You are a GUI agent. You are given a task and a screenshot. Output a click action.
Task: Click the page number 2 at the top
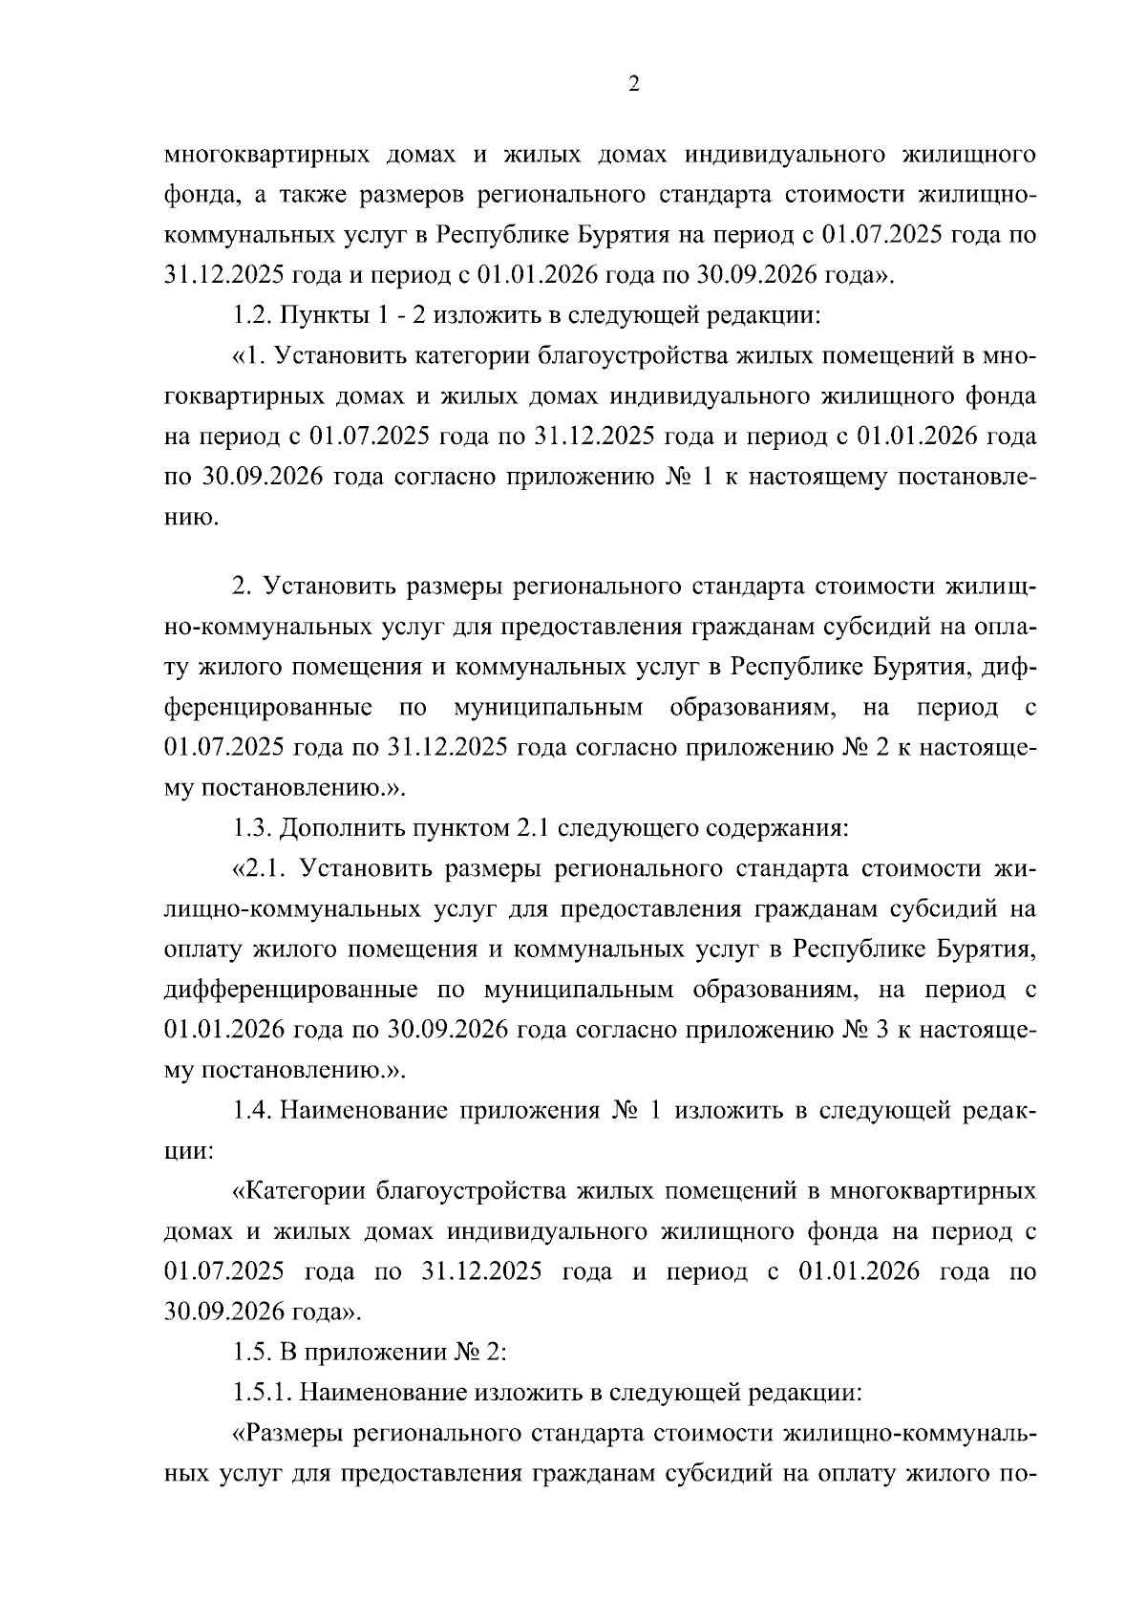coord(634,85)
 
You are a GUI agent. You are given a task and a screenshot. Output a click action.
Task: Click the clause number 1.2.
coord(253,315)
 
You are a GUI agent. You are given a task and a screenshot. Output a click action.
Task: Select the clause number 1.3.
coord(253,827)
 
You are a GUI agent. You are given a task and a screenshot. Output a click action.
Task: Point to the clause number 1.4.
coord(253,1111)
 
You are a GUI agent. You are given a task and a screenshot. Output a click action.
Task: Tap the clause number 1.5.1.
coord(264,1393)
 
